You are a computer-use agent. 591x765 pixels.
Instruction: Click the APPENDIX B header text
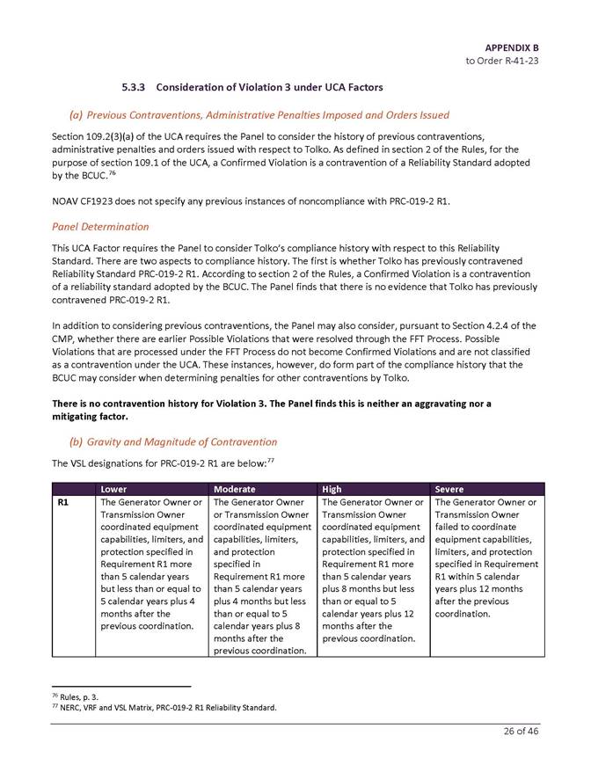click(511, 46)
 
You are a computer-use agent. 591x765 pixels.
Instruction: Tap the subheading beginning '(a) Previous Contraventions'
click(259, 114)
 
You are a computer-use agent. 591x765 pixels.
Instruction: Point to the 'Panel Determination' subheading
click(99, 226)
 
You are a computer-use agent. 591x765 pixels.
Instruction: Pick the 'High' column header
click(332, 488)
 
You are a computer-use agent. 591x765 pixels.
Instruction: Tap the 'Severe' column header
click(449, 488)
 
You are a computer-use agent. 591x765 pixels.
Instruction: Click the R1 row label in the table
click(62, 502)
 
